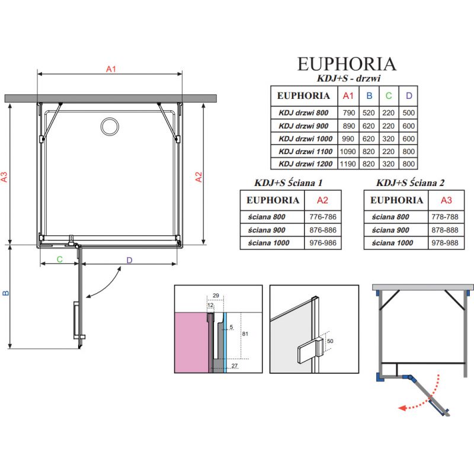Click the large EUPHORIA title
click(x=346, y=63)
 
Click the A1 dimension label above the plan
click(x=110, y=69)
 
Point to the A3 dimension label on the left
click(x=4, y=177)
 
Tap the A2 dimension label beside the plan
click(x=199, y=177)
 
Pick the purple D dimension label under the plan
click(x=129, y=260)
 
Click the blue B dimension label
click(x=5, y=293)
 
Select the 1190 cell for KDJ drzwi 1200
click(x=348, y=164)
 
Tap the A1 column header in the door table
click(x=348, y=95)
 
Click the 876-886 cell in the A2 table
click(x=323, y=230)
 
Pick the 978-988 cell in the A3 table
click(x=446, y=243)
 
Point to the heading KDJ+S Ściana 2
click(x=410, y=183)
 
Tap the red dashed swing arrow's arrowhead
click(x=401, y=408)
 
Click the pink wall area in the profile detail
click(x=190, y=341)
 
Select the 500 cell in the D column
click(x=408, y=113)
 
